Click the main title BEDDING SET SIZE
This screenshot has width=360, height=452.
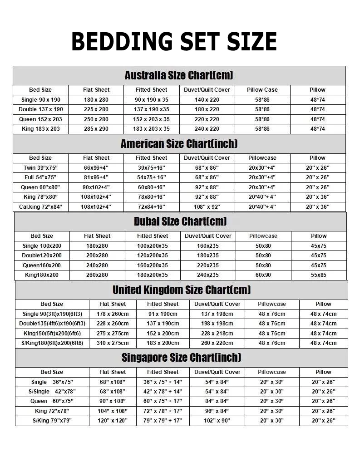[x=174, y=42]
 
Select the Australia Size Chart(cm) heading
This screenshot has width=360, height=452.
[x=179, y=75]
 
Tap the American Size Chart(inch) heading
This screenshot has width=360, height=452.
[x=179, y=144]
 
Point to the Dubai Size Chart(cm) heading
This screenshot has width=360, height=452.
[x=180, y=221]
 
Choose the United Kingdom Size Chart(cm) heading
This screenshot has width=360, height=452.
[x=182, y=290]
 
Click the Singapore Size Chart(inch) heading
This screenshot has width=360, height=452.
[x=182, y=358]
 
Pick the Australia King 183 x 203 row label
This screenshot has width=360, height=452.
[x=41, y=129]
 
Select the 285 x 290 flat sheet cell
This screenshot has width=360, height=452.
[x=96, y=129]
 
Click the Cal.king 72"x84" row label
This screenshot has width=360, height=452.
[x=41, y=207]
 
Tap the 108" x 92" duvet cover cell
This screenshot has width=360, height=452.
[x=207, y=207]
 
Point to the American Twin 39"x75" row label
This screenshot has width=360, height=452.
[x=41, y=167]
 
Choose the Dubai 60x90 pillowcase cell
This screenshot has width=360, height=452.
[x=263, y=275]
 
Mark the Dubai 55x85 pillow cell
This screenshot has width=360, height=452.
[x=318, y=275]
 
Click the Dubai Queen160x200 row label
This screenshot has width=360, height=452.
[x=42, y=265]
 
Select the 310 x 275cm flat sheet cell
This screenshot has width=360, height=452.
[x=113, y=343]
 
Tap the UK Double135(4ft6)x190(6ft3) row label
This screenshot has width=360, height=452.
[x=52, y=324]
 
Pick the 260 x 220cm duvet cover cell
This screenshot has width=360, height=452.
[x=217, y=343]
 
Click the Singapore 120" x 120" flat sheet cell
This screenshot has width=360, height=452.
[x=113, y=421]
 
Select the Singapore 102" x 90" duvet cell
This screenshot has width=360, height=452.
[x=217, y=421]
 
